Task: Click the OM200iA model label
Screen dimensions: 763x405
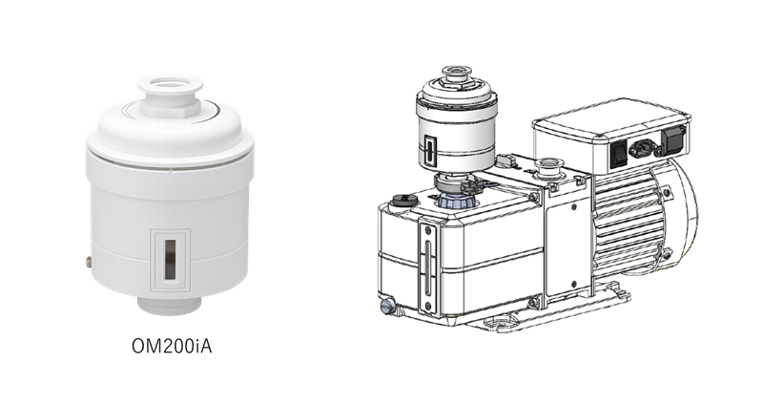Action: click(172, 346)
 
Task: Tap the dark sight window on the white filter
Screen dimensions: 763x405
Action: click(170, 259)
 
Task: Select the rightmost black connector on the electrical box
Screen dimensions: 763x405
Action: click(672, 138)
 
